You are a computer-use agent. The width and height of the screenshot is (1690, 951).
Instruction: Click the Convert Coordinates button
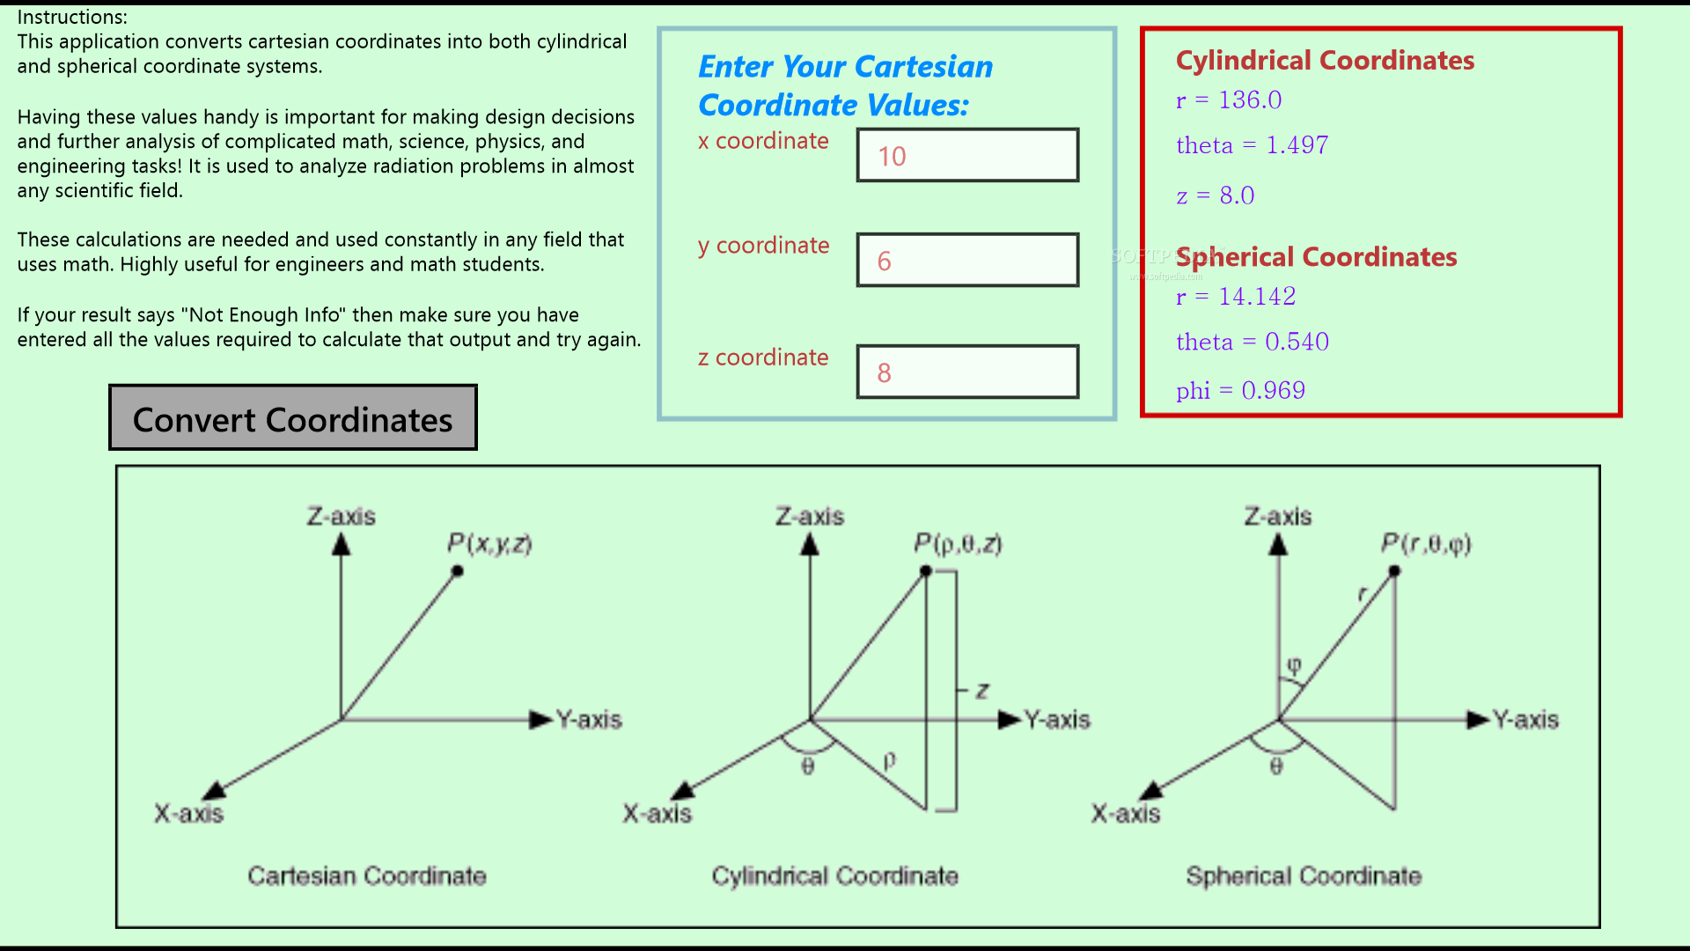pyautogui.click(x=292, y=418)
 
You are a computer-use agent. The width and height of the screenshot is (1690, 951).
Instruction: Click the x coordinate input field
pyautogui.click(x=967, y=156)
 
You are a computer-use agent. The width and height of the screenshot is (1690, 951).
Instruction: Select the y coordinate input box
pyautogui.click(x=967, y=261)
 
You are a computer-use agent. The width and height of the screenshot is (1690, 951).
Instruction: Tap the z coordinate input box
pyautogui.click(x=967, y=372)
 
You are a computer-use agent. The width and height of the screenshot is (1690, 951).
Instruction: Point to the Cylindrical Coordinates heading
pyautogui.click(x=1325, y=60)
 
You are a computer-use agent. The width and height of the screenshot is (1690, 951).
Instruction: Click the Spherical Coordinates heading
pyautogui.click(x=1316, y=256)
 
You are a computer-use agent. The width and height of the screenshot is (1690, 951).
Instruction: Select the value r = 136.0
pyautogui.click(x=1229, y=100)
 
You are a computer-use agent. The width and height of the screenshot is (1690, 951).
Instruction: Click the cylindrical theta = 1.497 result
pyautogui.click(x=1252, y=145)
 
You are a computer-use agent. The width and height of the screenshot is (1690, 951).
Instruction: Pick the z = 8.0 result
pyautogui.click(x=1215, y=195)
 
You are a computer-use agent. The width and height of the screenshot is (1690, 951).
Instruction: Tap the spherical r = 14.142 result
pyautogui.click(x=1236, y=297)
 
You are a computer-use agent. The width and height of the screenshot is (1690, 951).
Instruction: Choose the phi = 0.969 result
pyautogui.click(x=1240, y=390)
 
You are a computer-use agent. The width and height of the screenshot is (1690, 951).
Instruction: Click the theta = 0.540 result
pyautogui.click(x=1253, y=342)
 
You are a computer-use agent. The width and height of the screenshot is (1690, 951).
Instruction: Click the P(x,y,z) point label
pyautogui.click(x=489, y=543)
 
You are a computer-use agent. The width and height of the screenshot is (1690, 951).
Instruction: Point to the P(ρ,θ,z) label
pyautogui.click(x=958, y=543)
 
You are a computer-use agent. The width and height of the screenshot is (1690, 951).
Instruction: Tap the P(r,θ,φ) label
pyautogui.click(x=1426, y=543)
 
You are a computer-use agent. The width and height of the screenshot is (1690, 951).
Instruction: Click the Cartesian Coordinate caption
pyautogui.click(x=367, y=876)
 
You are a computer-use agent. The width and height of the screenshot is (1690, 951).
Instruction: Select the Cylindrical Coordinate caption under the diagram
pyautogui.click(x=834, y=876)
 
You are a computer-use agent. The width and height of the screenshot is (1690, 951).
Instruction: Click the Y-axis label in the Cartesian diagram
pyautogui.click(x=589, y=720)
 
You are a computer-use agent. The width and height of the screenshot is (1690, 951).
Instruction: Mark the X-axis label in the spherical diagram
pyautogui.click(x=1126, y=814)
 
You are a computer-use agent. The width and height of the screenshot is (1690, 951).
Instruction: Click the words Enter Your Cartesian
pyautogui.click(x=845, y=67)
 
